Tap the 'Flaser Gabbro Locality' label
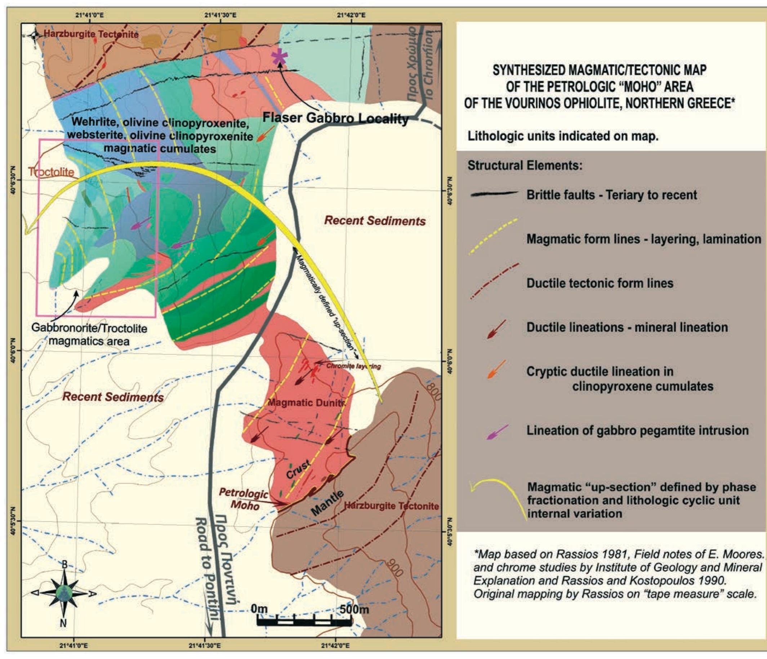[x=335, y=119]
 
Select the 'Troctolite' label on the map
[x=52, y=172]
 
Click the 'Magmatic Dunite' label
[x=306, y=402]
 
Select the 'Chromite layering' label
[x=353, y=366]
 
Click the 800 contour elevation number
[x=433, y=391]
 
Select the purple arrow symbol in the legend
[x=497, y=432]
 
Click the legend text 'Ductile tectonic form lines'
[x=600, y=283]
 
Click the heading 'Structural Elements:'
[x=525, y=165]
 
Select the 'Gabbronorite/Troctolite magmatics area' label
[x=89, y=334]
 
